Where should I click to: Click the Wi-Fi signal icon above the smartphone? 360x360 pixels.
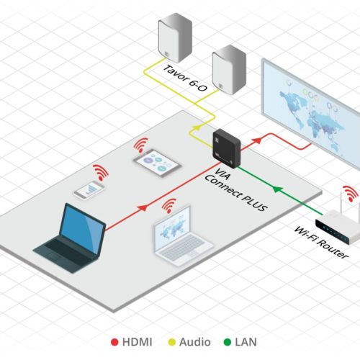point(101,172)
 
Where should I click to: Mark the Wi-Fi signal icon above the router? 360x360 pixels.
point(350,194)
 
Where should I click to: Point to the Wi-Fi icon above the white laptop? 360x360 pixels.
point(170,207)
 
